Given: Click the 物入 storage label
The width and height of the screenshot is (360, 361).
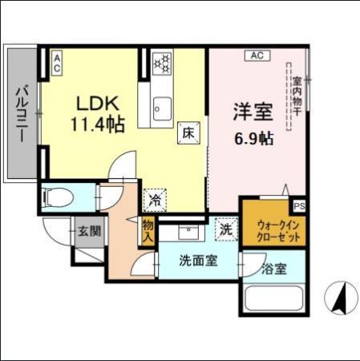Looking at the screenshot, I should click(x=148, y=233).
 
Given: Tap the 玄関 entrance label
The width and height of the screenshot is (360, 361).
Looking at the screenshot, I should click(x=89, y=233).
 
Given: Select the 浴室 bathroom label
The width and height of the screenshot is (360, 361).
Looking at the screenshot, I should click(x=273, y=269).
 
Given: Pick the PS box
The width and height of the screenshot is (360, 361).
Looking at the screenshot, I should click(x=298, y=205).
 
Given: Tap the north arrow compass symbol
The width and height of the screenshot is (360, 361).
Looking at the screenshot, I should click(x=340, y=298).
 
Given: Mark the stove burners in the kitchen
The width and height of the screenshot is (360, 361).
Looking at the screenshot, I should click(x=162, y=62).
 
